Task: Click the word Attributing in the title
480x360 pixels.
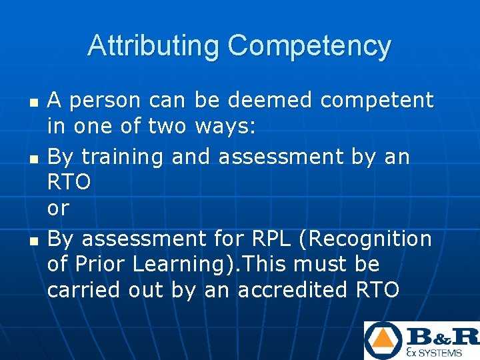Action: (x=153, y=46)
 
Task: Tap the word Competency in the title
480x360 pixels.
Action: (x=309, y=46)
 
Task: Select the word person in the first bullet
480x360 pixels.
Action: (x=105, y=101)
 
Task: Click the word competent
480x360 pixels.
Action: (x=377, y=101)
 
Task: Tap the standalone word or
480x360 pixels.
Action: (x=58, y=208)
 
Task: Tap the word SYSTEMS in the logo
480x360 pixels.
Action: (x=439, y=353)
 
